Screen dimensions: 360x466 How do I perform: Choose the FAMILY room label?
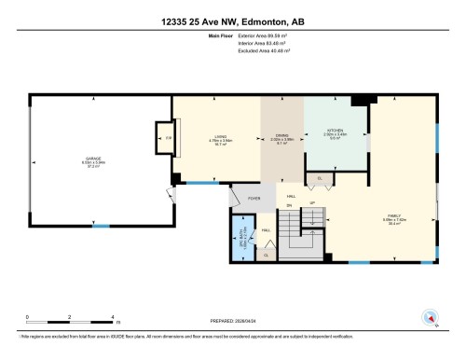pyautogui.click(x=394, y=217)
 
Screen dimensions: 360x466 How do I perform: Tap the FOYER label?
pyautogui.click(x=254, y=198)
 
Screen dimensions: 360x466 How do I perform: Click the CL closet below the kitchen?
pyautogui.click(x=320, y=177)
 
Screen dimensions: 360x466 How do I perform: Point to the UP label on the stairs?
pyautogui.click(x=312, y=202)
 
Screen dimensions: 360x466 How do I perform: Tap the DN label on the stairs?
pyautogui.click(x=288, y=204)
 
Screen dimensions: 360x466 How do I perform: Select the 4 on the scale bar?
pyautogui.click(x=112, y=318)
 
